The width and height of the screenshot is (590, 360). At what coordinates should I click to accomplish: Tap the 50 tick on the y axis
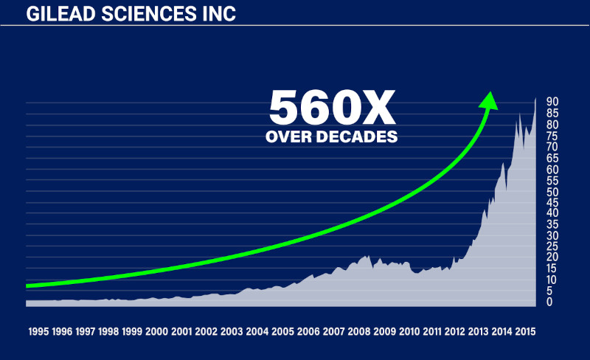tap(551, 191)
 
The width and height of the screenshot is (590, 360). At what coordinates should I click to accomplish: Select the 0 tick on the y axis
tap(549, 302)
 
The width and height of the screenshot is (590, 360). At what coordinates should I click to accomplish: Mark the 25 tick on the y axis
tap(551, 246)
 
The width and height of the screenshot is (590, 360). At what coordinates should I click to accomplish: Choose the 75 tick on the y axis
tap(551, 136)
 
